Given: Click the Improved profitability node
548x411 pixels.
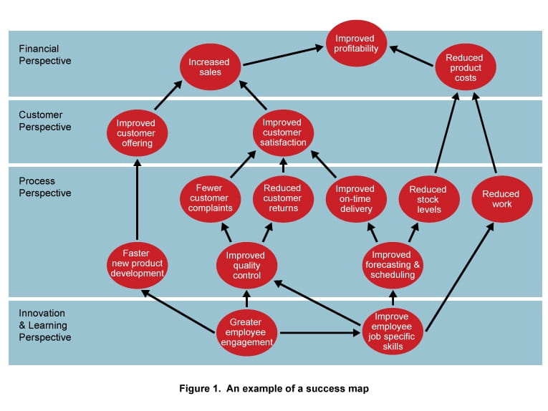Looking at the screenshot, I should click(x=356, y=43).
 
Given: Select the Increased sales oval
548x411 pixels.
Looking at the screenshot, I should click(x=208, y=67).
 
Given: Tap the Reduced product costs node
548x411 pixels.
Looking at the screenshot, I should click(x=464, y=67).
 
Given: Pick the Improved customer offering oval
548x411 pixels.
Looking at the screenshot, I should click(x=136, y=132).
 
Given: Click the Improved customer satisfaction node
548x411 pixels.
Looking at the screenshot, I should click(x=283, y=132).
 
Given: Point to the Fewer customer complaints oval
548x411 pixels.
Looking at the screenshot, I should click(x=208, y=198).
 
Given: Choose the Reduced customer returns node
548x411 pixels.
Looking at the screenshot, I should click(x=282, y=198).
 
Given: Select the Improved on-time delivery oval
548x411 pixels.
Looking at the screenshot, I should click(x=355, y=198).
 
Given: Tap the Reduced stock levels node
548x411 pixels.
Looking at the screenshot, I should click(x=428, y=199).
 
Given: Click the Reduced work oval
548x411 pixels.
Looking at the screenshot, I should click(x=500, y=199).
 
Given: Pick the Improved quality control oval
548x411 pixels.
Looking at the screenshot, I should click(x=246, y=266).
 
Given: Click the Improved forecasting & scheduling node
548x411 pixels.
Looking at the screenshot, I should click(x=392, y=265).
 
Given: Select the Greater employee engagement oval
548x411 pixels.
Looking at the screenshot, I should click(x=246, y=332).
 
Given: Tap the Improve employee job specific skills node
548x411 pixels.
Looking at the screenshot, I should click(x=391, y=332).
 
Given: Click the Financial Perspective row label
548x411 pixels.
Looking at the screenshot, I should click(x=45, y=54).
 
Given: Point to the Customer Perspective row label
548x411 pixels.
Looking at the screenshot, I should click(x=45, y=121).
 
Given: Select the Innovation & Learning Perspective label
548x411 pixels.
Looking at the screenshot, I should click(x=45, y=325).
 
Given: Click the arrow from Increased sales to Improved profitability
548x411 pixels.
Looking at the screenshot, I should click(x=283, y=57).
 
